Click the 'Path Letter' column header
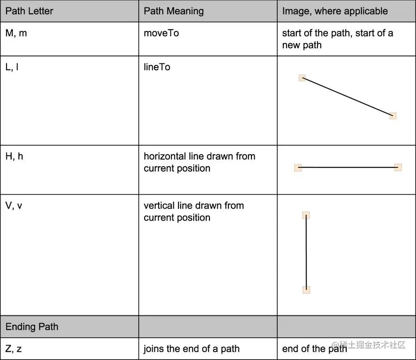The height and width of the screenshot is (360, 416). pos(29,11)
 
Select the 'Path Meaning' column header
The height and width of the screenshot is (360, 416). pos(174,11)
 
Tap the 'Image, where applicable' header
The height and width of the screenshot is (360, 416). pos(335,11)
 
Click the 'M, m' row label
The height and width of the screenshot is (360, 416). pos(16,33)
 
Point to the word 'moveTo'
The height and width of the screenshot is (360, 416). pos(161,33)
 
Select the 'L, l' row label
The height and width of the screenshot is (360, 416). pos(12,67)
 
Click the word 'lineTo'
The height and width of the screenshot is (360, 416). pos(157,67)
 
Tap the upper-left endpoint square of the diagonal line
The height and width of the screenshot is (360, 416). pos(302,78)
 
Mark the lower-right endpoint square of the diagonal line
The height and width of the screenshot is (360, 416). pos(393,116)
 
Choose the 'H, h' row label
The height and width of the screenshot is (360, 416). pos(14,156)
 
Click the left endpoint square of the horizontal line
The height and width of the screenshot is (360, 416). pos(298,168)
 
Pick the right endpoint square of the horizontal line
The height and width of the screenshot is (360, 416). pos(398,168)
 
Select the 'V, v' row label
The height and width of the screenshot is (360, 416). pos(14,205)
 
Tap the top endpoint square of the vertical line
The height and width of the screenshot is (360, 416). pos(306,215)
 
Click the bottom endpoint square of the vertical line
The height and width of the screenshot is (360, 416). pos(306,290)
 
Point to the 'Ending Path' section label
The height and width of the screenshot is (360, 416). pos(32,327)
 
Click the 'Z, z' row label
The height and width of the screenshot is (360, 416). pos(13,349)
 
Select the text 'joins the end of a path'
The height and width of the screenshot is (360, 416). pos(191,349)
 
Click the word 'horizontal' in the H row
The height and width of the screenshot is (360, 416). pos(165,156)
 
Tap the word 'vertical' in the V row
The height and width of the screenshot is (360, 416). pos(159,205)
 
